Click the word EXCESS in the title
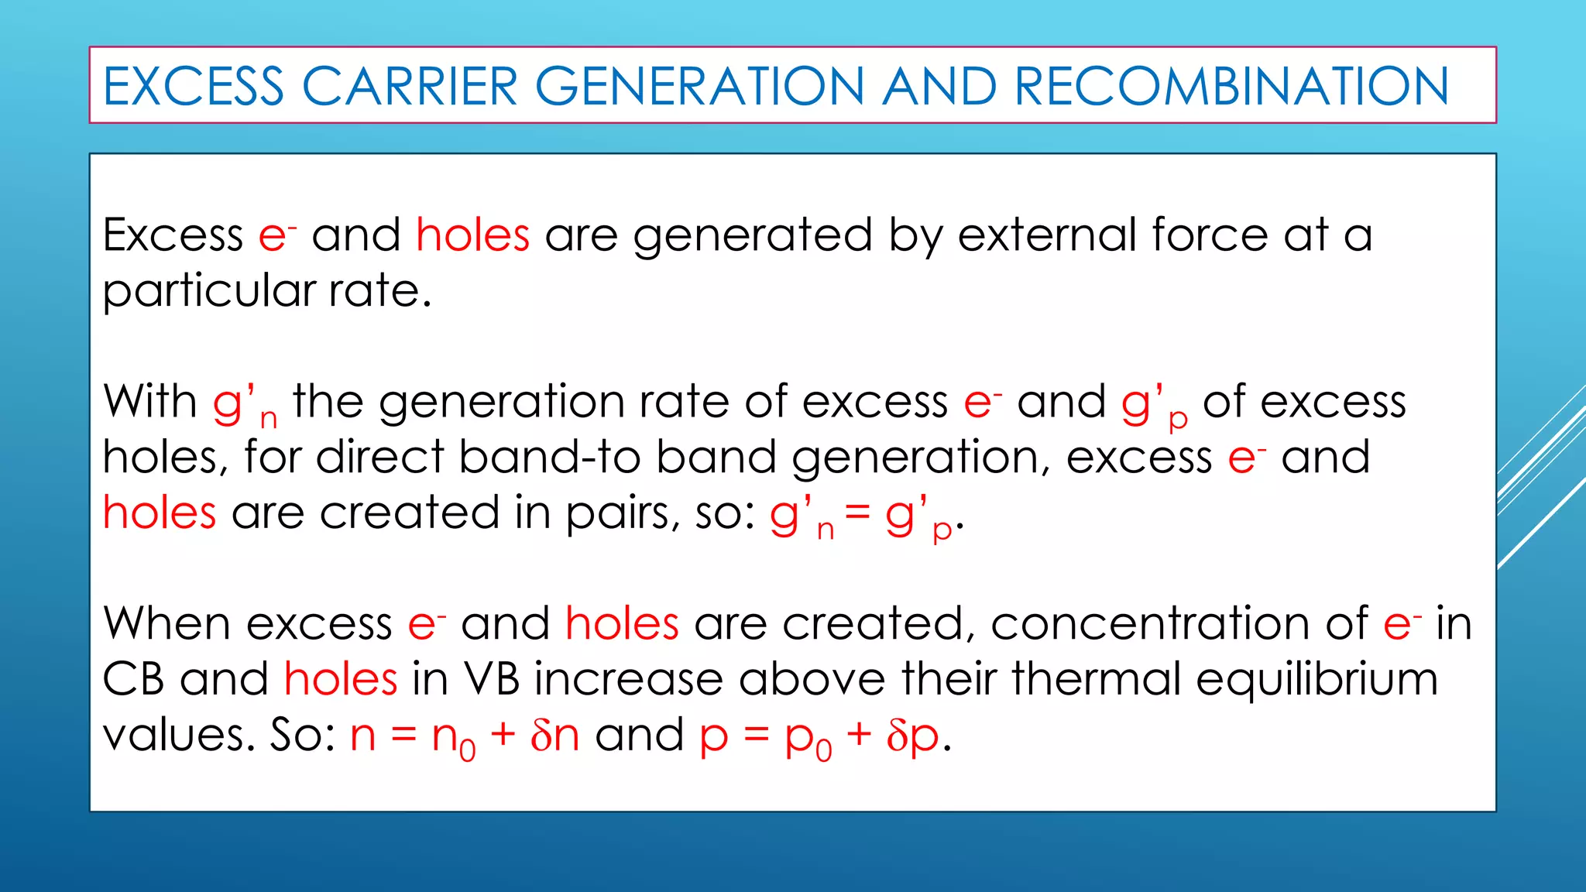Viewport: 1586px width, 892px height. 194,86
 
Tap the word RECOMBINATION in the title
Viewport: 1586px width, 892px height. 1231,86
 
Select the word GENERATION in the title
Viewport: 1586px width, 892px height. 699,86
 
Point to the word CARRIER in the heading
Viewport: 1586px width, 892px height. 409,86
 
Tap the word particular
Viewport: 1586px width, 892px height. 208,292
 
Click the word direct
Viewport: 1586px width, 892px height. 379,457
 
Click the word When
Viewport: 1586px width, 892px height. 167,623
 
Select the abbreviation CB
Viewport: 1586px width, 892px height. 133,679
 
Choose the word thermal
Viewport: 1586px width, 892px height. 1095,679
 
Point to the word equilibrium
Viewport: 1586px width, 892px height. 1317,681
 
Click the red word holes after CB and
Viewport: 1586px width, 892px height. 341,679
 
